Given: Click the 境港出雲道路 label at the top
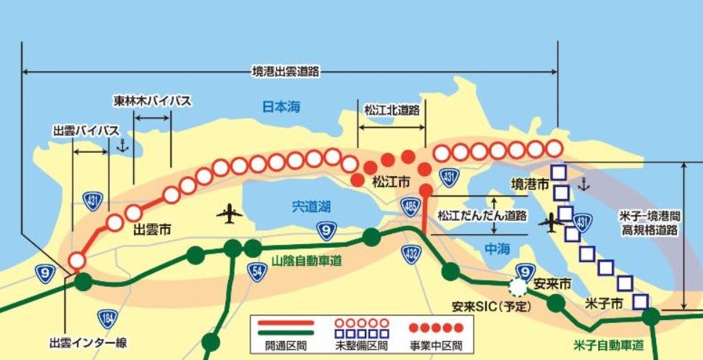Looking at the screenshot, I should [x=286, y=71].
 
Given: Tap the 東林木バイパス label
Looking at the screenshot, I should [x=152, y=101].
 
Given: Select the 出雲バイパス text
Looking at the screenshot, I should [x=86, y=130].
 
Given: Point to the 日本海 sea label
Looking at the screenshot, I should [x=281, y=107].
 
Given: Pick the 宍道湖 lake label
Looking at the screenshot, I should [x=312, y=207].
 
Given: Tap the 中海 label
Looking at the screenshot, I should [x=497, y=248].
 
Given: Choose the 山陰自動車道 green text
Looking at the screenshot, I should [x=307, y=260].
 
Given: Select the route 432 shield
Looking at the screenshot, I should [x=411, y=253].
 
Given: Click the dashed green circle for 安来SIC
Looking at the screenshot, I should [x=519, y=287].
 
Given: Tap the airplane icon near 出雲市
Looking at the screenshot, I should [x=230, y=214].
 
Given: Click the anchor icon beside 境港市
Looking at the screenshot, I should [x=583, y=185].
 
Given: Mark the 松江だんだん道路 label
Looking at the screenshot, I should [x=481, y=216].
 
